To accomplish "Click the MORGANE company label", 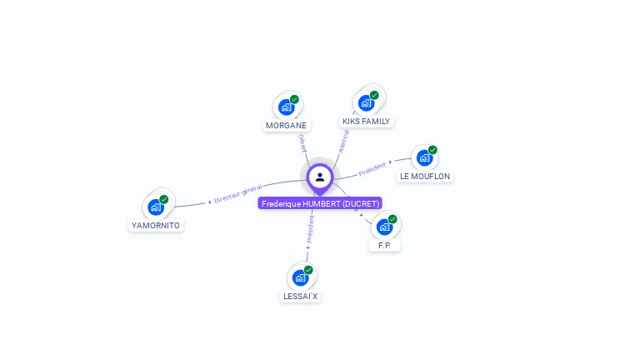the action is tap(286, 126).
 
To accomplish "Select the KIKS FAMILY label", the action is tap(366, 122).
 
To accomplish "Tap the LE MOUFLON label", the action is tap(425, 177).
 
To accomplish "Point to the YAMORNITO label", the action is tap(156, 226).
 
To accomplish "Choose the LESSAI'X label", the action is tap(300, 296).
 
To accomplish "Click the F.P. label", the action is tap(384, 246).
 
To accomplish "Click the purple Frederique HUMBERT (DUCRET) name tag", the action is tap(320, 203).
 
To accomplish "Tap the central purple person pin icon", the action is tap(320, 177).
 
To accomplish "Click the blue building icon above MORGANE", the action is tap(286, 107).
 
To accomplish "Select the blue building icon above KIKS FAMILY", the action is tap(366, 102).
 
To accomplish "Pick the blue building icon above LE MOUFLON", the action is tap(424, 157).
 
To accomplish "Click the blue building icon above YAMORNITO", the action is tap(155, 207).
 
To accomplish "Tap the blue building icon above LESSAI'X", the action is tap(300, 277).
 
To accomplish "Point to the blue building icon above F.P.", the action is tap(384, 227).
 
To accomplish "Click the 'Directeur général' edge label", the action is tap(238, 194).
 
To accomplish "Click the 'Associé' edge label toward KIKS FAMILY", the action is tap(344, 141).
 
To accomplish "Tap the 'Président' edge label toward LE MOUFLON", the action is tap(372, 169).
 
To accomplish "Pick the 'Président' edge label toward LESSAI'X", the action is tap(310, 228).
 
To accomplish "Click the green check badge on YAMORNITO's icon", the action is tap(164, 199).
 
